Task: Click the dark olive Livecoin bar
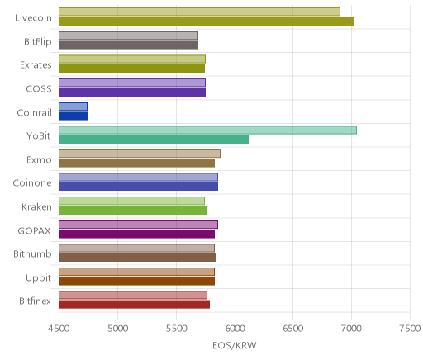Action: click(206, 21)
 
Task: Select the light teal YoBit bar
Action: click(207, 130)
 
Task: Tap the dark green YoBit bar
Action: click(154, 140)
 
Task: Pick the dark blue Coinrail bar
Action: click(74, 116)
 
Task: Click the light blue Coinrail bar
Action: click(73, 107)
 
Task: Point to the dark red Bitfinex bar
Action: click(134, 305)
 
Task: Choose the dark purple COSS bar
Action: click(132, 92)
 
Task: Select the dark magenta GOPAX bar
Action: click(136, 234)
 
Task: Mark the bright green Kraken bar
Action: click(133, 211)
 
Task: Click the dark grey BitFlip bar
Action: click(128, 45)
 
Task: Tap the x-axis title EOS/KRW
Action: click(235, 345)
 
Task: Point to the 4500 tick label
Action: click(59, 329)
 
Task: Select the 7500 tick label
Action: click(410, 329)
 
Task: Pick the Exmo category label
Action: click(39, 160)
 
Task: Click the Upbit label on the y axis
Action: click(38, 278)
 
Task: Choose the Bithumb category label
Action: click(32, 253)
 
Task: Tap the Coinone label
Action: click(32, 183)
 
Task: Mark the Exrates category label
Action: click(36, 65)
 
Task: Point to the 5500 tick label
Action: click(176, 329)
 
